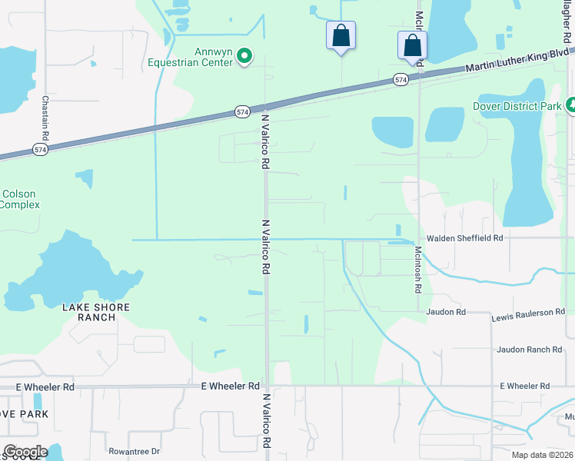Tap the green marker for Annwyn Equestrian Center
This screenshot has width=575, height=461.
pyautogui.click(x=245, y=55)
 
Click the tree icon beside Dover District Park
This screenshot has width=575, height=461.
pyautogui.click(x=571, y=105)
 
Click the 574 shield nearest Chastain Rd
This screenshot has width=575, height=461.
pyautogui.click(x=40, y=150)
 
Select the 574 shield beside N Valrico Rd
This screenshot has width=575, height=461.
pyautogui.click(x=243, y=112)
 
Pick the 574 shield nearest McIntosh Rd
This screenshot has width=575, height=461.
pyautogui.click(x=401, y=80)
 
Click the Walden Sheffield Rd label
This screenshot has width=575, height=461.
pyautogui.click(x=464, y=239)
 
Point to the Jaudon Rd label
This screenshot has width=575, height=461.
pyautogui.click(x=447, y=312)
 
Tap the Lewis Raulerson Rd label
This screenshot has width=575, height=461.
pyautogui.click(x=528, y=313)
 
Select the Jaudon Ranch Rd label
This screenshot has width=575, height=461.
pyautogui.click(x=529, y=350)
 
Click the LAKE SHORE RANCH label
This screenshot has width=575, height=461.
pyautogui.click(x=96, y=312)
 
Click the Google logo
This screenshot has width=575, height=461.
pyautogui.click(x=25, y=452)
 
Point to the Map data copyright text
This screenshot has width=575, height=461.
pyautogui.click(x=543, y=455)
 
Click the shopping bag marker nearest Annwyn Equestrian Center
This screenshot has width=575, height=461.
pyautogui.click(x=341, y=35)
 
